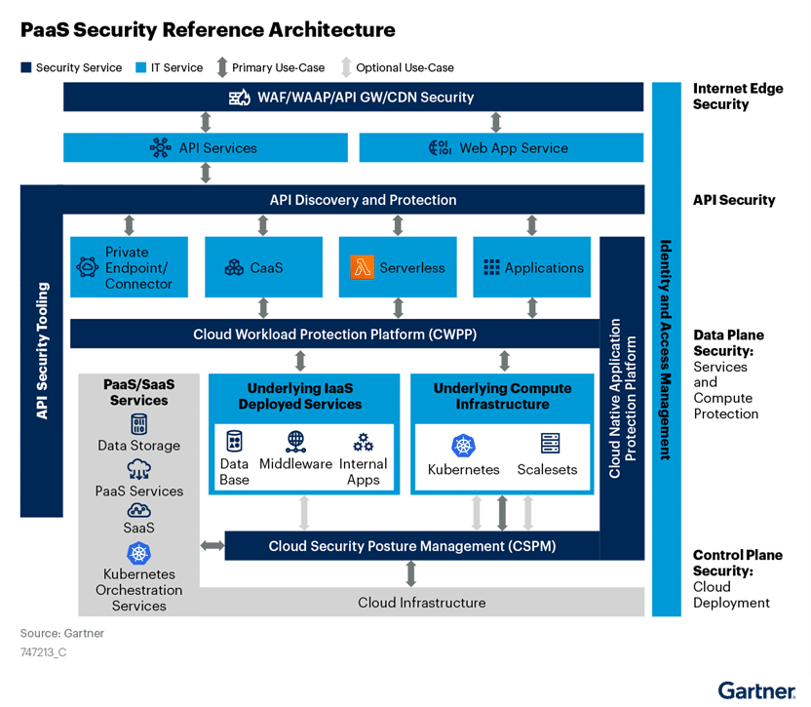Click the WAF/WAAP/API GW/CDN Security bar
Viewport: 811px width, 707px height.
[x=353, y=97]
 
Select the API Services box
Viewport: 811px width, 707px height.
[x=206, y=147]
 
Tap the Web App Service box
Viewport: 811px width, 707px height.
[x=501, y=147]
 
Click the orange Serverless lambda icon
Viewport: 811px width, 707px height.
[x=362, y=267]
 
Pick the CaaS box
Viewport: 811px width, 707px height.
[x=263, y=267]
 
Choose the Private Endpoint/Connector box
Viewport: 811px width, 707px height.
[x=129, y=267]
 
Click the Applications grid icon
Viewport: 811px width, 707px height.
[x=491, y=267]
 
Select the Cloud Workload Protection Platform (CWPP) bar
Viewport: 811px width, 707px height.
[x=334, y=334]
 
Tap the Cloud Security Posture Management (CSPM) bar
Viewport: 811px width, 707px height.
[x=411, y=545]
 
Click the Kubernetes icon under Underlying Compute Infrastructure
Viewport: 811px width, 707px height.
[x=463, y=446]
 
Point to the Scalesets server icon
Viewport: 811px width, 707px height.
[x=550, y=444]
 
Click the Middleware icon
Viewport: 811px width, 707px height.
[x=296, y=442]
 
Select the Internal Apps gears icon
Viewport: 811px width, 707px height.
[x=363, y=442]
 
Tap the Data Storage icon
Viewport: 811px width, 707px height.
[x=138, y=424]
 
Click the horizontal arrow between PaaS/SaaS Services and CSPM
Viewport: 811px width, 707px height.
[x=212, y=545]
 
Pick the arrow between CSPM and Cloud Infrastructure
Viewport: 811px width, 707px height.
[x=411, y=573]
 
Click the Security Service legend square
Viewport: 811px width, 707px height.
[x=26, y=68]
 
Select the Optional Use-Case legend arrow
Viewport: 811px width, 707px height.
[x=346, y=67]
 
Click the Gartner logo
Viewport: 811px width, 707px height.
[x=756, y=690]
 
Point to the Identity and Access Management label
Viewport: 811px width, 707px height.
[x=666, y=349]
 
